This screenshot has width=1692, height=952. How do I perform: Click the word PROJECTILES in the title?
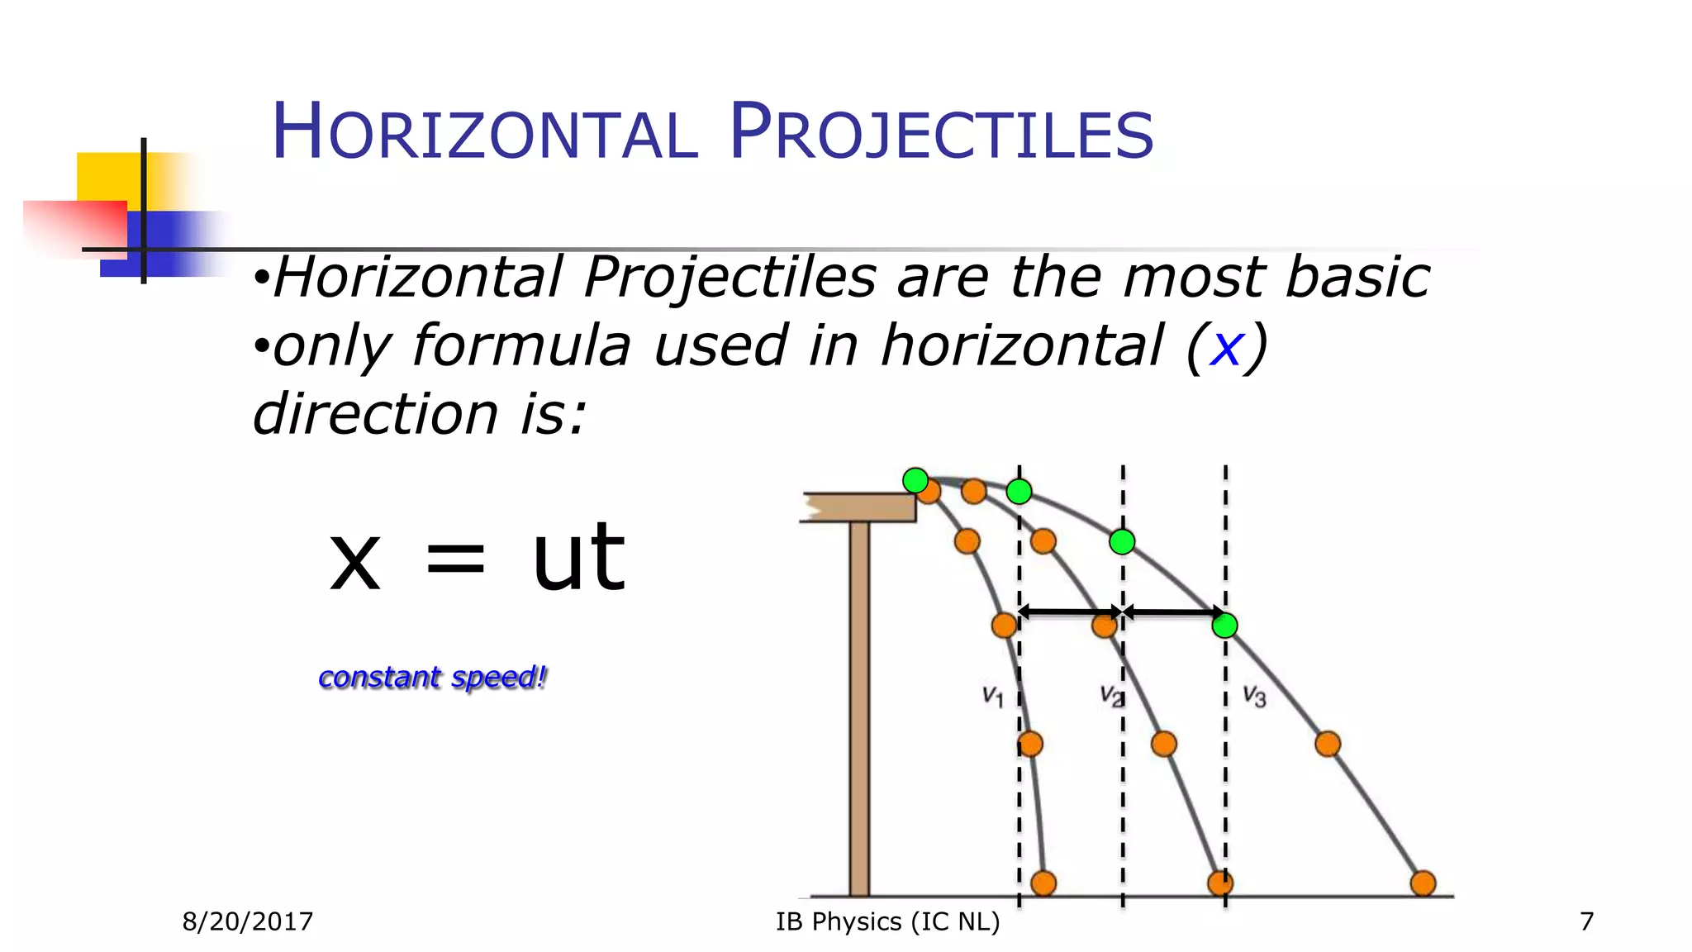pos(941,132)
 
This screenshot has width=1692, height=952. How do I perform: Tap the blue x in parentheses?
pos(1226,347)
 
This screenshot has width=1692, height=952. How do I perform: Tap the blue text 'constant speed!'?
pos(432,678)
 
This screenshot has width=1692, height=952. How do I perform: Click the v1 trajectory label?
pos(992,696)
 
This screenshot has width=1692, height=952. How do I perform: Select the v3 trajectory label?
pos(1254,696)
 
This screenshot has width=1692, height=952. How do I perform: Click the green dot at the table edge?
pos(915,480)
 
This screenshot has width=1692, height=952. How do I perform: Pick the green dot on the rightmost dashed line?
pos(1224,625)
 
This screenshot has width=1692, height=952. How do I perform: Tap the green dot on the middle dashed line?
pos(1122,542)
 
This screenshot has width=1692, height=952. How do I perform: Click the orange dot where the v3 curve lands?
pos(1423,883)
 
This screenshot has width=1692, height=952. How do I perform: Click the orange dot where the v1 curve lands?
pos(1043,883)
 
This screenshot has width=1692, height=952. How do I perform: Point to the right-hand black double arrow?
pos(1174,612)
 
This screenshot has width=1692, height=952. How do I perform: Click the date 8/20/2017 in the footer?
pos(248,921)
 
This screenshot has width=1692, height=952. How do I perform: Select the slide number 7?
pos(1586,921)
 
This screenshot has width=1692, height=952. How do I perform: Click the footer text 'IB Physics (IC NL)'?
pos(887,921)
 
